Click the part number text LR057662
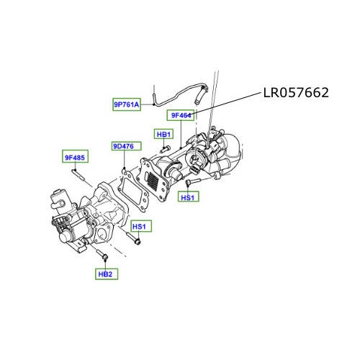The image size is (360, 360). (294, 92)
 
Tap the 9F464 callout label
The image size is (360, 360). (180, 115)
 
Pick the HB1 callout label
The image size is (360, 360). (164, 134)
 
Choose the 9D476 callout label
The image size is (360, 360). (122, 147)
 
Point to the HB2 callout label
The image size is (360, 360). (105, 273)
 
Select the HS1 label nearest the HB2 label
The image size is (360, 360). (140, 227)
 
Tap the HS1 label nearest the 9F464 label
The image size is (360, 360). (188, 197)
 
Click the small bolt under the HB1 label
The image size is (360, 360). (166, 148)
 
